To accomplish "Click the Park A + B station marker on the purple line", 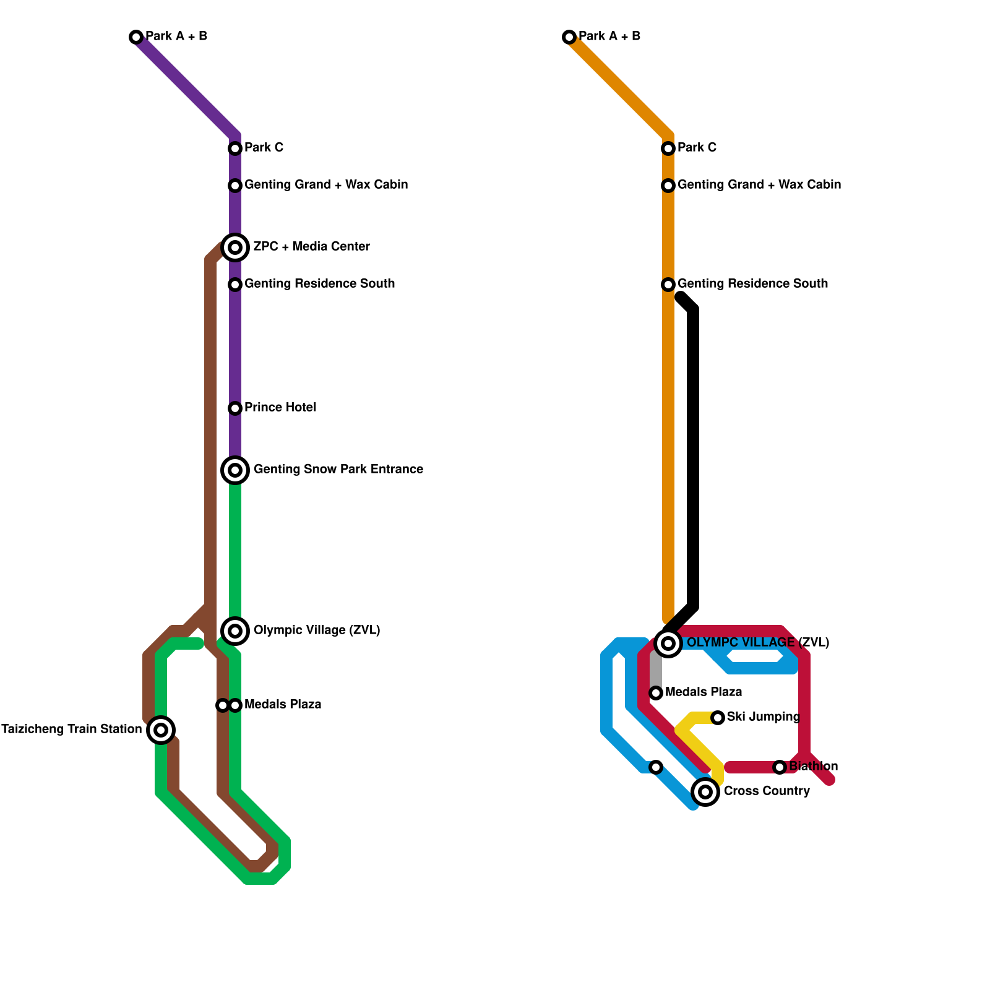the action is (x=136, y=37).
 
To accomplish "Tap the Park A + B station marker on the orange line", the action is (x=569, y=37).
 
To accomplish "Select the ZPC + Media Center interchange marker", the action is (x=235, y=247).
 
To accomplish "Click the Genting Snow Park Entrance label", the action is (x=338, y=470).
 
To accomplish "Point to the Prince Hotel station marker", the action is (x=235, y=408).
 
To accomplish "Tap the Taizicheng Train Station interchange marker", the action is (x=161, y=730).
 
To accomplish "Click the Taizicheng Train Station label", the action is (x=71, y=730).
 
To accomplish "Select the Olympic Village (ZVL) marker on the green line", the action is (x=235, y=631).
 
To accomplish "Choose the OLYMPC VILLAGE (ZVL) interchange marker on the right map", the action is (x=668, y=643).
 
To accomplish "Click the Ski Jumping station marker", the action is (x=718, y=718).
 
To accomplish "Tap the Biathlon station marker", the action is (x=780, y=767).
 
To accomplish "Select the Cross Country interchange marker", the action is (x=705, y=792).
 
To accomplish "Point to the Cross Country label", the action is (x=767, y=791).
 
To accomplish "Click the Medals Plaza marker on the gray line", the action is (x=656, y=693).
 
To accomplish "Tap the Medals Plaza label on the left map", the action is (x=283, y=705).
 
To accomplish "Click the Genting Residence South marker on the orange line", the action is (x=668, y=285).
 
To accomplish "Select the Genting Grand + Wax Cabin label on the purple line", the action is (x=326, y=185).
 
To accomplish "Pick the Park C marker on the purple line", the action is (x=235, y=148).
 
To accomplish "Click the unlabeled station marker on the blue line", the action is (x=656, y=767).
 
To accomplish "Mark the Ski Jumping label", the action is (x=763, y=717).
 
